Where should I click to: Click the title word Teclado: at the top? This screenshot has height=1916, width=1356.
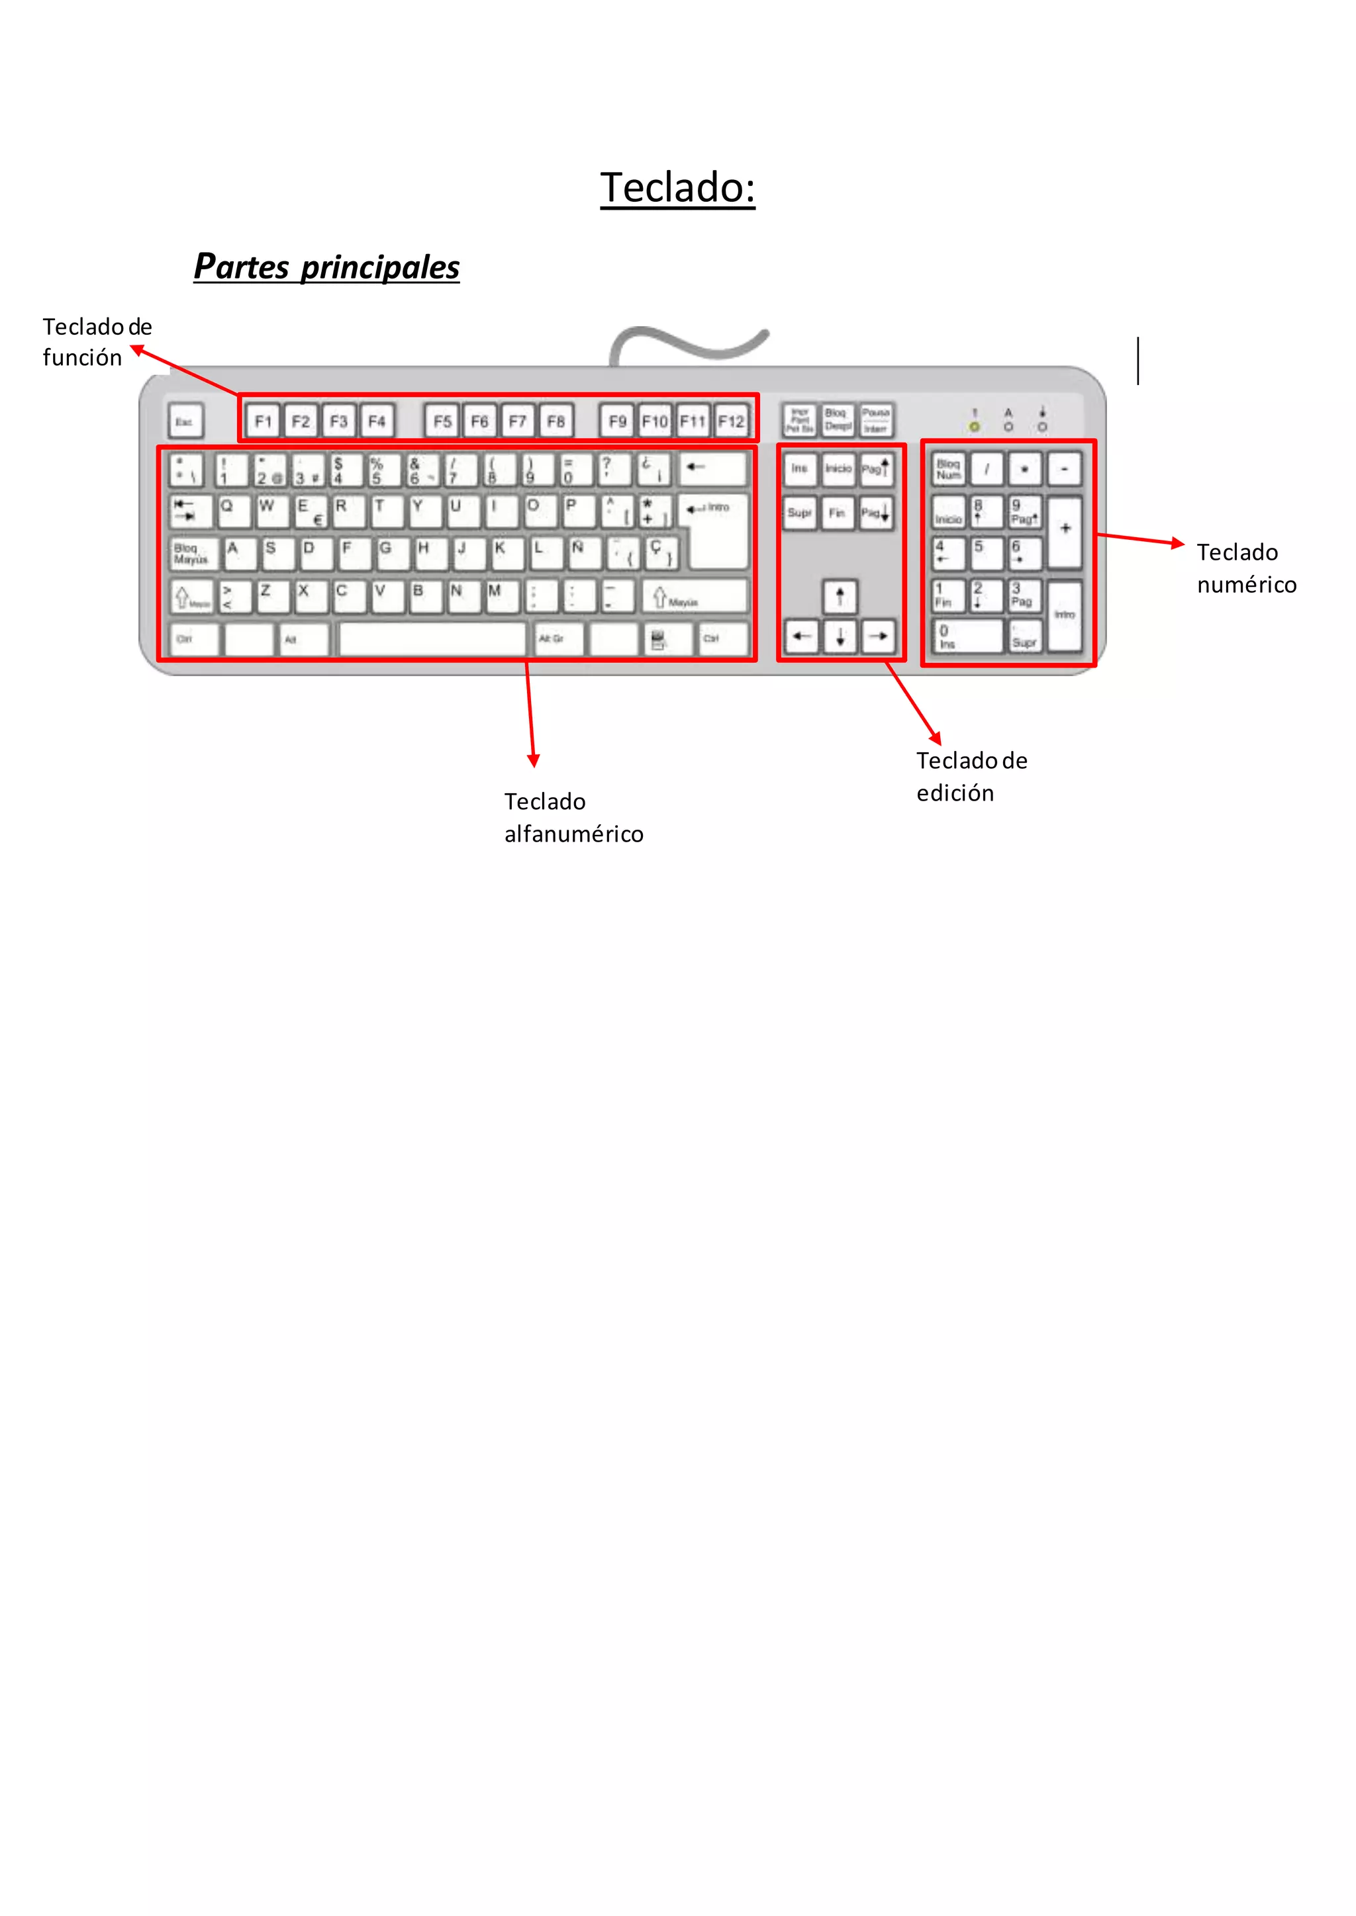point(677,187)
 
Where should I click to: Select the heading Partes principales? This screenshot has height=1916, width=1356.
point(326,267)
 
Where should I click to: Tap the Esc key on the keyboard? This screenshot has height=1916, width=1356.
point(185,421)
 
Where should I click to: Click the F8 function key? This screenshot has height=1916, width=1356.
point(556,421)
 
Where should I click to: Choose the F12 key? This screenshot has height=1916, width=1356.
point(732,421)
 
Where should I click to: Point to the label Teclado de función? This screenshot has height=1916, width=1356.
point(96,342)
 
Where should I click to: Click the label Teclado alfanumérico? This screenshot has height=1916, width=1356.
point(573,818)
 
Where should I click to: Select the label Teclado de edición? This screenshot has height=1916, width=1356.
point(971,776)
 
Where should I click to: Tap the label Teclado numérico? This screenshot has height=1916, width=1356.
point(1246,568)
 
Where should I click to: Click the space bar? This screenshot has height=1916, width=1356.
point(432,639)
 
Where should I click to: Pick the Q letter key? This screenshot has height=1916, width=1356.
point(233,511)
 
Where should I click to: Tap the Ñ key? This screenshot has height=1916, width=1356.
point(583,552)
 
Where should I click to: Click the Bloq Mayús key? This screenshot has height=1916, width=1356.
point(193,553)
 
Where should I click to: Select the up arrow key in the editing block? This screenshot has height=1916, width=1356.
point(840,596)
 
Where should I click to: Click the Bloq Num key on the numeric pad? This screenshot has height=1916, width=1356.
point(949,470)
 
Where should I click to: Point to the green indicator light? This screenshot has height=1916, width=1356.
point(975,427)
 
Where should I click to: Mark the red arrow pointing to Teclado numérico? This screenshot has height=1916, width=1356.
point(1139,539)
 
